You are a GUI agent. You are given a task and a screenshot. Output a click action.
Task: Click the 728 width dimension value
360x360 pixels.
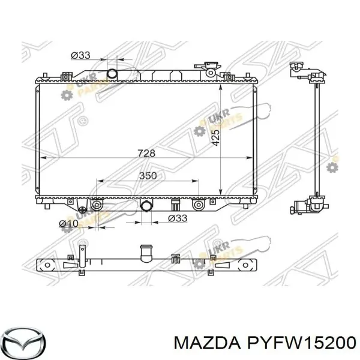(146, 153)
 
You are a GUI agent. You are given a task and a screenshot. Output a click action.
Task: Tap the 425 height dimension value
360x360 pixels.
(216, 138)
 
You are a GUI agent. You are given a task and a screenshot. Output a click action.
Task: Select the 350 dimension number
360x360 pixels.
(148, 176)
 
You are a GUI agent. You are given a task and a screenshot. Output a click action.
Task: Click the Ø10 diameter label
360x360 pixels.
(68, 223)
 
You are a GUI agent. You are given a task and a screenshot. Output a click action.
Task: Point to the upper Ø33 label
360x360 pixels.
(80, 55)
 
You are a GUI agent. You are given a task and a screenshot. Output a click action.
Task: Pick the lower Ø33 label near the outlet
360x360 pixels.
(178, 218)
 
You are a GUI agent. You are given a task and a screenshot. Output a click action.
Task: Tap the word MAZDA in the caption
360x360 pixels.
(207, 343)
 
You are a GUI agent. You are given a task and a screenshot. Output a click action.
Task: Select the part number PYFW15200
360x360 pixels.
(301, 343)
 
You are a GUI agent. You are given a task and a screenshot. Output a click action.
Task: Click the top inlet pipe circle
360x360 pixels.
(113, 73)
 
